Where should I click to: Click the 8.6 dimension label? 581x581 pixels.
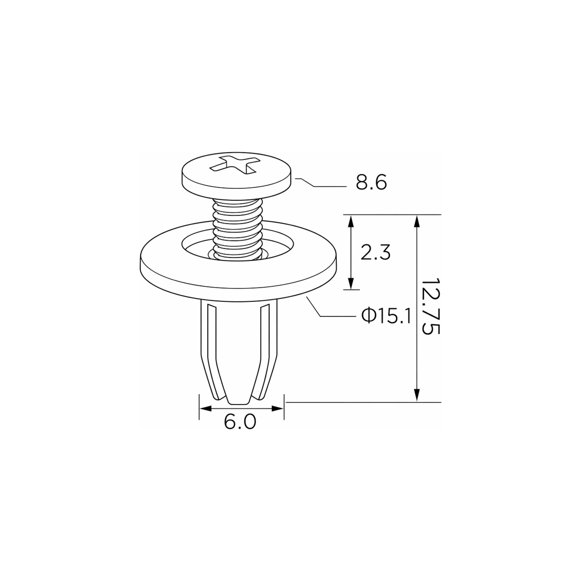[x=371, y=182]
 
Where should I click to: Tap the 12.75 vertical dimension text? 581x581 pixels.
[x=431, y=306]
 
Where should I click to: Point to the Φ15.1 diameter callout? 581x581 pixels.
[x=386, y=316]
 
